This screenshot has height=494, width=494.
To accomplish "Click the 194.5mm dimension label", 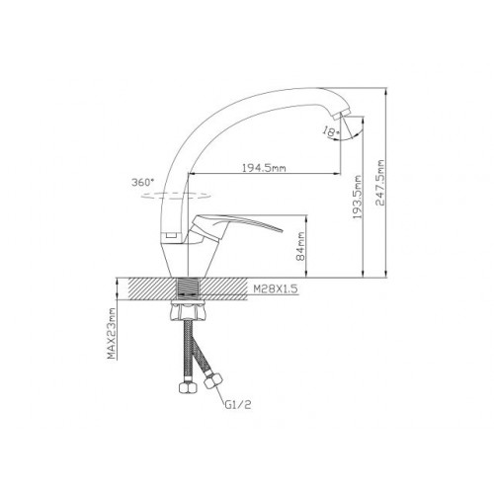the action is coord(264,168).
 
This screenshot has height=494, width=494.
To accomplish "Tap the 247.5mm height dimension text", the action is coord(380,183).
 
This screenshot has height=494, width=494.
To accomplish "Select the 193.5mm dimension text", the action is coord(358,197).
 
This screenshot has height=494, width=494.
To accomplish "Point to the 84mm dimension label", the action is coord(300,246).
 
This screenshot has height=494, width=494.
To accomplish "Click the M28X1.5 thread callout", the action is coord(276,288).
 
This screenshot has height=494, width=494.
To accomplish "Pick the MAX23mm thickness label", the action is coord(113,333).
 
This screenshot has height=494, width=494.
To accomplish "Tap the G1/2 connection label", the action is coord(238,405).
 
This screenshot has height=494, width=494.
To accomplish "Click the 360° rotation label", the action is coord(142,182).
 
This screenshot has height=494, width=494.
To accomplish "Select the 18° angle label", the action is coord(331,131).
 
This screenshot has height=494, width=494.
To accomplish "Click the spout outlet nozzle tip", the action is coord(341,116).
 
